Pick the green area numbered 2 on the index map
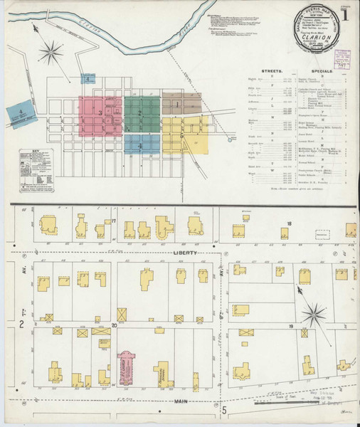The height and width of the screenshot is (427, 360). (142, 113)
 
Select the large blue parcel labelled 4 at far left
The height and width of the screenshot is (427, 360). (21, 112)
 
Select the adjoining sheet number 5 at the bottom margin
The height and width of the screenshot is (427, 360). (223, 410)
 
